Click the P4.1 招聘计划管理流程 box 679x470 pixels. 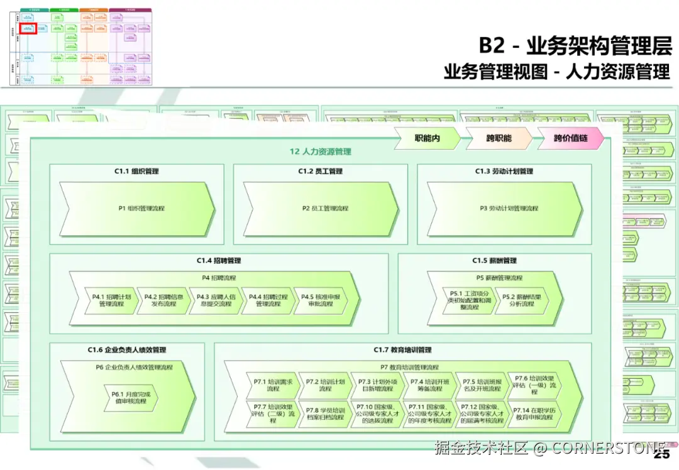tap(111, 300)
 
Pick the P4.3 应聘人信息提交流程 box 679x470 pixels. tap(215, 300)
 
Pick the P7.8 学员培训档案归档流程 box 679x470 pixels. tap(324, 413)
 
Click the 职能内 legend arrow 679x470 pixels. tap(428, 138)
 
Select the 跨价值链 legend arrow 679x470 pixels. tap(571, 138)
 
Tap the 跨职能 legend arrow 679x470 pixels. tap(499, 138)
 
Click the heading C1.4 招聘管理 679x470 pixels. tap(219, 260)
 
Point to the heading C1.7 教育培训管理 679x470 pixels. tap(402, 350)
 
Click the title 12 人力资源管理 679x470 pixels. tap(320, 151)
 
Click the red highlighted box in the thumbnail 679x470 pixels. tap(29, 28)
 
